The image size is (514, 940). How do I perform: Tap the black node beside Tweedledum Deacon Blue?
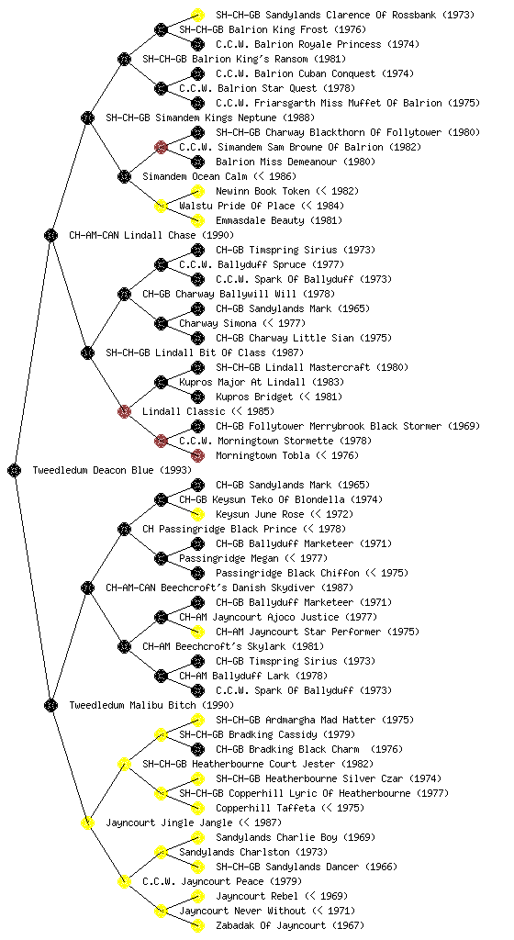15,471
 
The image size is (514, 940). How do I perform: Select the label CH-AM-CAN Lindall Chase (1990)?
151,236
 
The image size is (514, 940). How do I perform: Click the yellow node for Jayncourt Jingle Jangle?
87,823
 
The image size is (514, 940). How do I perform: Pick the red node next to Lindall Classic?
124,412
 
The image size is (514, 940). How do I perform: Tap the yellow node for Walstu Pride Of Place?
161,207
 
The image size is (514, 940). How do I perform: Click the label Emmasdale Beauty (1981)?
279,221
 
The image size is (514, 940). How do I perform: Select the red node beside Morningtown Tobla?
197,456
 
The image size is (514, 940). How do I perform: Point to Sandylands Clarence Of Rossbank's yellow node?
197,15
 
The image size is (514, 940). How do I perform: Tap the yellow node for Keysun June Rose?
197,515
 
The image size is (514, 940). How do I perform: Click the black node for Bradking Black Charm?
197,750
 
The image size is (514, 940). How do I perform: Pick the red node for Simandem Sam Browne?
161,148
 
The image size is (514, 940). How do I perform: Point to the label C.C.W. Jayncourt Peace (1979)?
222,882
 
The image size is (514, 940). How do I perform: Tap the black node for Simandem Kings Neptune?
87,118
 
